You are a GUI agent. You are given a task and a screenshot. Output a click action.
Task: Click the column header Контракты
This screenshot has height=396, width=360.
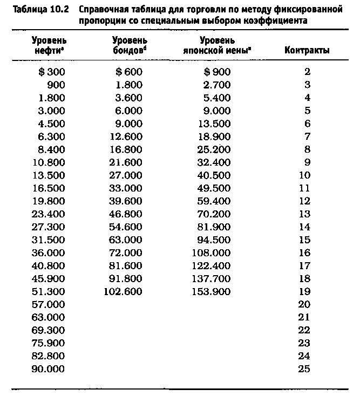pyautogui.click(x=307, y=51)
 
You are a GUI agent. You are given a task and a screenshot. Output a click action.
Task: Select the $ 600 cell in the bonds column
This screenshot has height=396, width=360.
pyautogui.click(x=129, y=72)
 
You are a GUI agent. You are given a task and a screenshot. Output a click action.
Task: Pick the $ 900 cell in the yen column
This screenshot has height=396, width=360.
pyautogui.click(x=217, y=72)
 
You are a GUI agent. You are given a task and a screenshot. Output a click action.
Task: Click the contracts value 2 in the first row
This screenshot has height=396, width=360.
pyautogui.click(x=307, y=72)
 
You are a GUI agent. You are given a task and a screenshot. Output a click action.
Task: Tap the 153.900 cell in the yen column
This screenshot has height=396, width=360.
pyautogui.click(x=210, y=292)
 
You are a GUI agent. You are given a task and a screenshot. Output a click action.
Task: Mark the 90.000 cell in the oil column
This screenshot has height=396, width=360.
pyautogui.click(x=49, y=370)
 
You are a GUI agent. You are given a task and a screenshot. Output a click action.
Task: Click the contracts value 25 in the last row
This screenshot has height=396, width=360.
pyautogui.click(x=304, y=370)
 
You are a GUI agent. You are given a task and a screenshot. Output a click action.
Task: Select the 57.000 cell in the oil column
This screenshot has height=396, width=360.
pyautogui.click(x=49, y=305)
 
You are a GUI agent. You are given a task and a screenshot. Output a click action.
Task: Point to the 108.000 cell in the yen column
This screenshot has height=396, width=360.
pyautogui.click(x=210, y=253)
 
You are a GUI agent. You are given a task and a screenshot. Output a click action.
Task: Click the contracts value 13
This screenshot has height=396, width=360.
pyautogui.click(x=304, y=214)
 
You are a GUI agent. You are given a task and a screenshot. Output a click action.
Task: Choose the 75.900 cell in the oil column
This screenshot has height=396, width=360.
pyautogui.click(x=49, y=344)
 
